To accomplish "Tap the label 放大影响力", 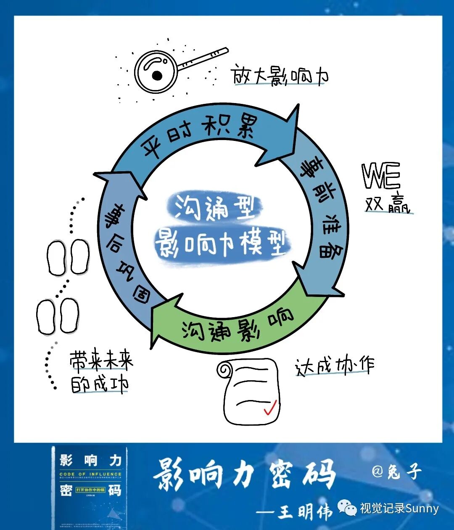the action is (x=280, y=76).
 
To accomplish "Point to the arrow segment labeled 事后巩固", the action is (x=122, y=252).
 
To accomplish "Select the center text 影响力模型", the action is (x=221, y=244).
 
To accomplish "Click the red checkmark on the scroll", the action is (x=269, y=408).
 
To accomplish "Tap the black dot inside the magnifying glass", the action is (x=157, y=76).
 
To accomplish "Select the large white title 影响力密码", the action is (x=244, y=474).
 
